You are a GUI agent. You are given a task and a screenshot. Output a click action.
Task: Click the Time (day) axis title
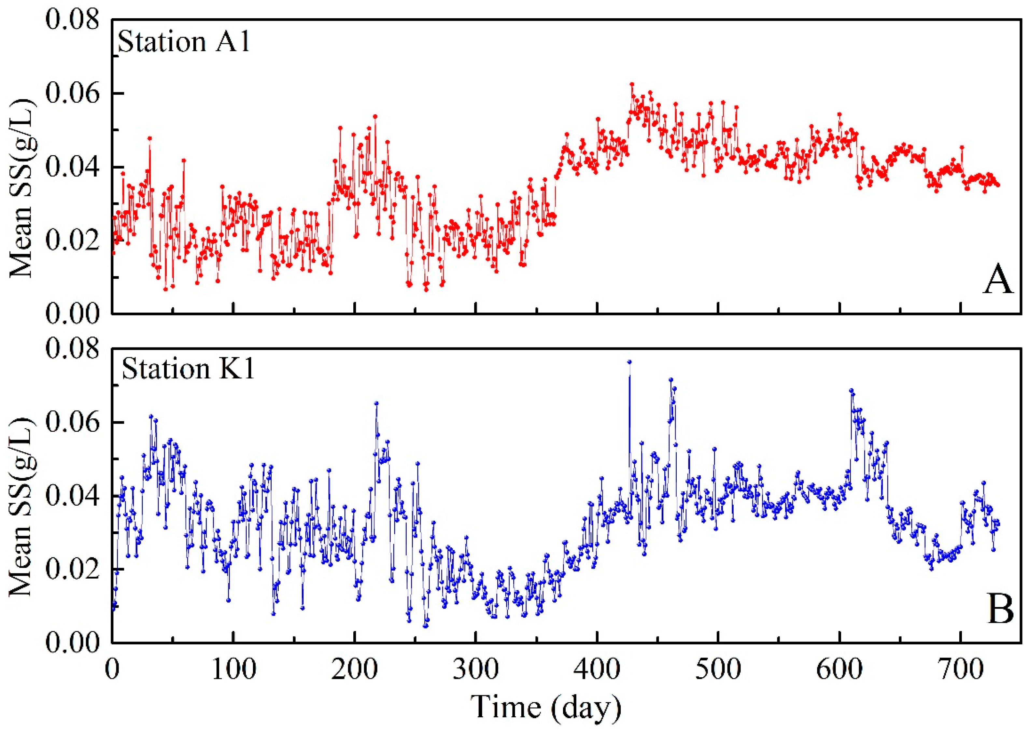pos(546,707)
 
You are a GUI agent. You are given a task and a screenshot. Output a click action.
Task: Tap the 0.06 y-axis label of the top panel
pos(72,94)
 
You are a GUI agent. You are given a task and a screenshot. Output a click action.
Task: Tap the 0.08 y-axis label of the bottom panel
pos(72,349)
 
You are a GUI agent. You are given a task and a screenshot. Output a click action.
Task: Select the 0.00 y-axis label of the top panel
pos(72,313)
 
